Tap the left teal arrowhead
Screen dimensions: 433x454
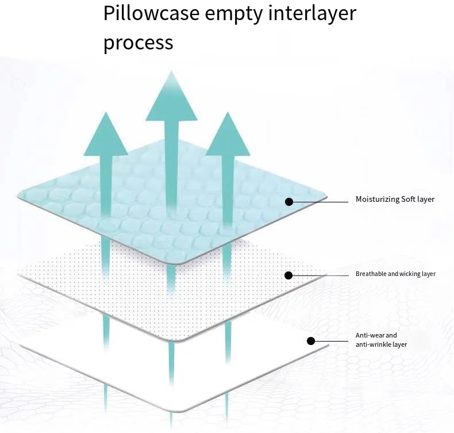(x=106, y=135)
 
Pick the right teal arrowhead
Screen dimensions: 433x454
(x=228, y=135)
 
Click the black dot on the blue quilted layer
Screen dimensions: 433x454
(x=289, y=201)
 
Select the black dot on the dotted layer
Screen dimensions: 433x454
(x=288, y=275)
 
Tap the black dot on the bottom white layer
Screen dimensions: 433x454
(x=311, y=341)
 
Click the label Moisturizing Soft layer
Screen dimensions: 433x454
(x=395, y=200)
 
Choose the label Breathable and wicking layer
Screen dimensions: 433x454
(x=395, y=274)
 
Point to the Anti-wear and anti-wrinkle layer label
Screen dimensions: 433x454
(x=381, y=340)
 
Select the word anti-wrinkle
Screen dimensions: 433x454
(x=374, y=344)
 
